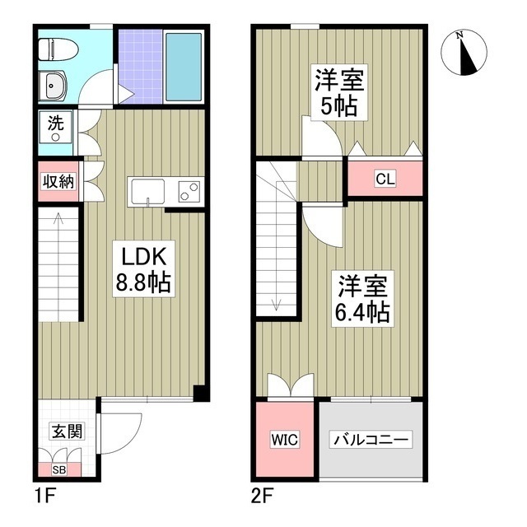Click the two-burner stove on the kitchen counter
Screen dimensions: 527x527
click(189, 192)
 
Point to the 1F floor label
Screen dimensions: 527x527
click(44, 497)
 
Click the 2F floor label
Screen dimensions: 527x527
click(261, 497)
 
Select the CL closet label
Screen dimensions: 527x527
click(384, 178)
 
